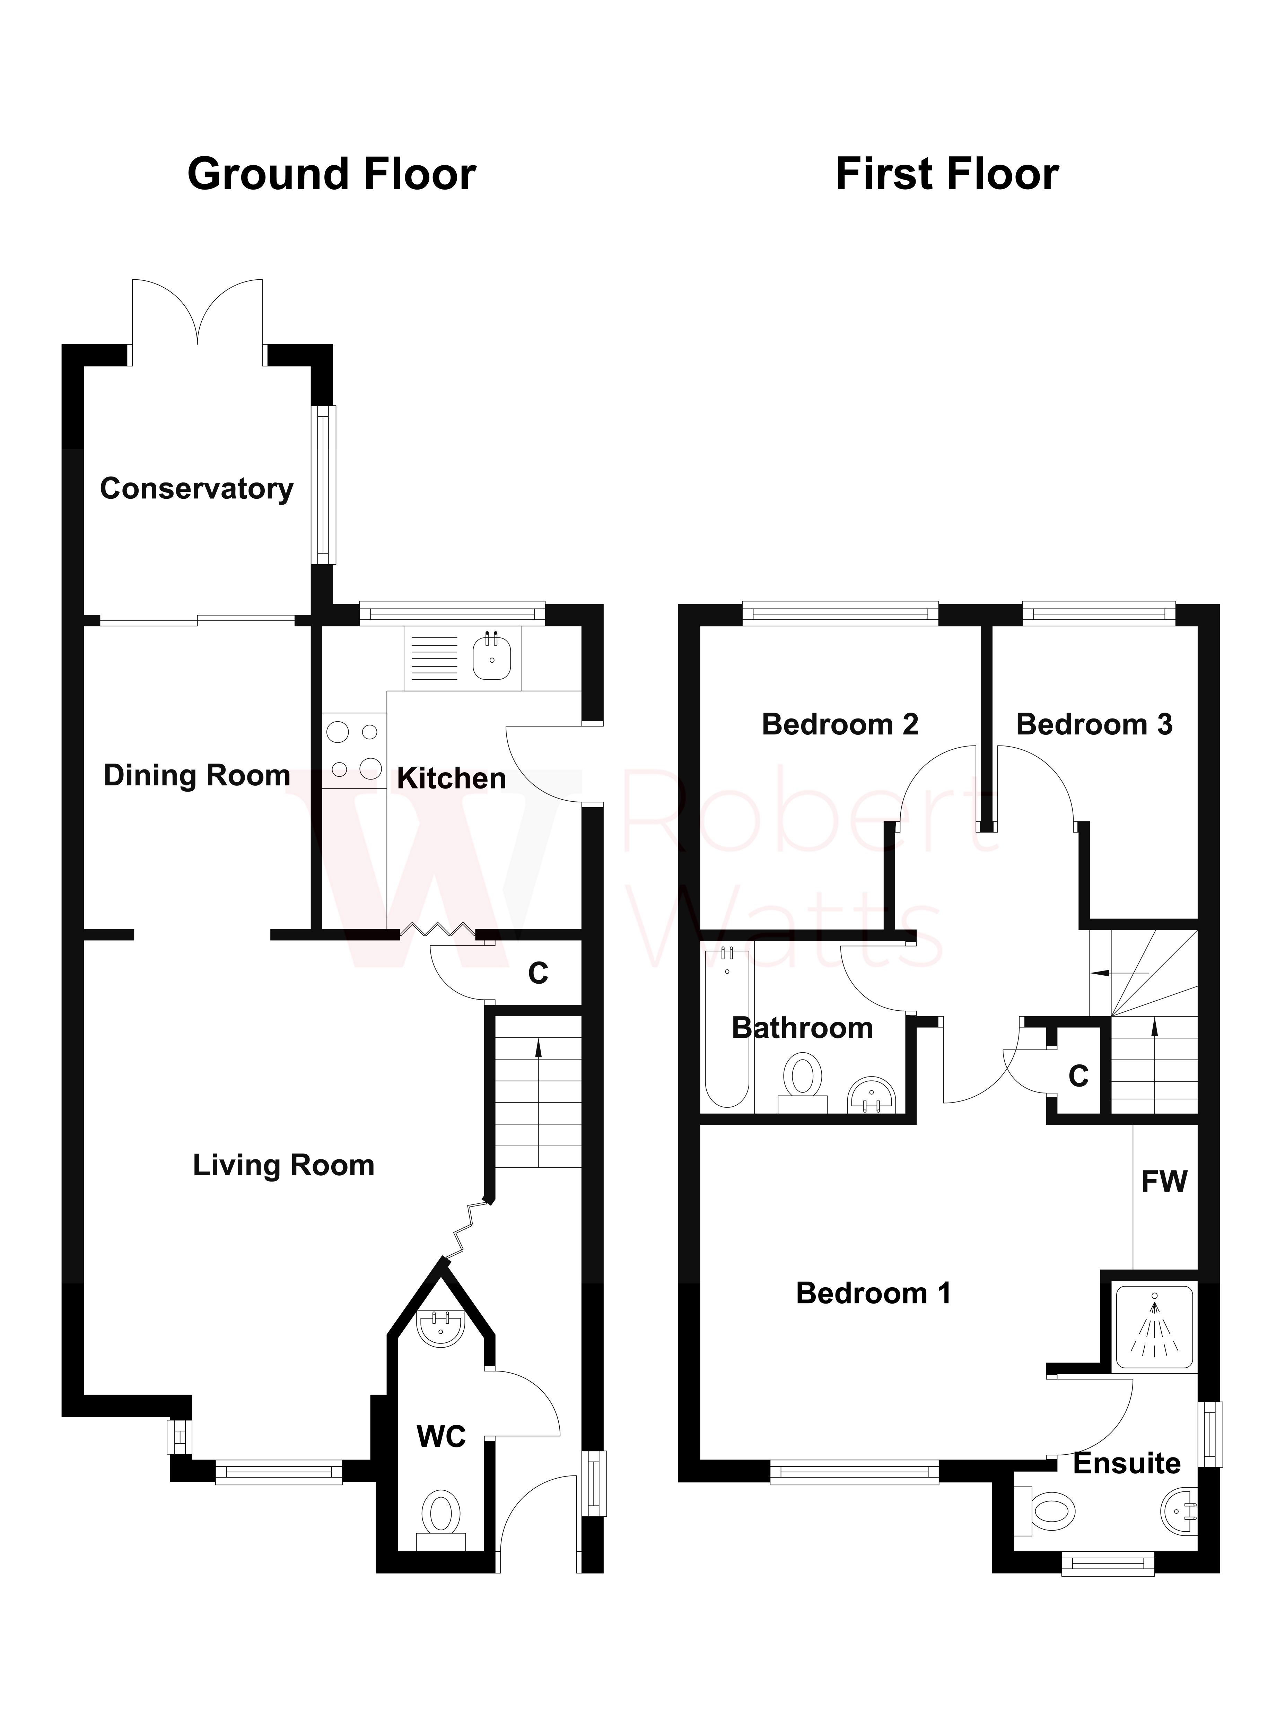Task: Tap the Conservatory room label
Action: [197, 488]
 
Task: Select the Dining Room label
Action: [197, 775]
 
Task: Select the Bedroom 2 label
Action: [840, 724]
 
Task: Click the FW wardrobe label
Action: [1164, 1182]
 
